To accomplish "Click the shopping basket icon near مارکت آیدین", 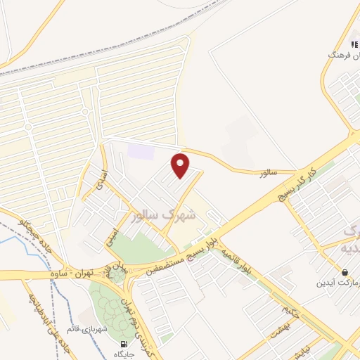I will (345, 272).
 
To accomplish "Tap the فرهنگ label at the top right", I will (343, 54).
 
